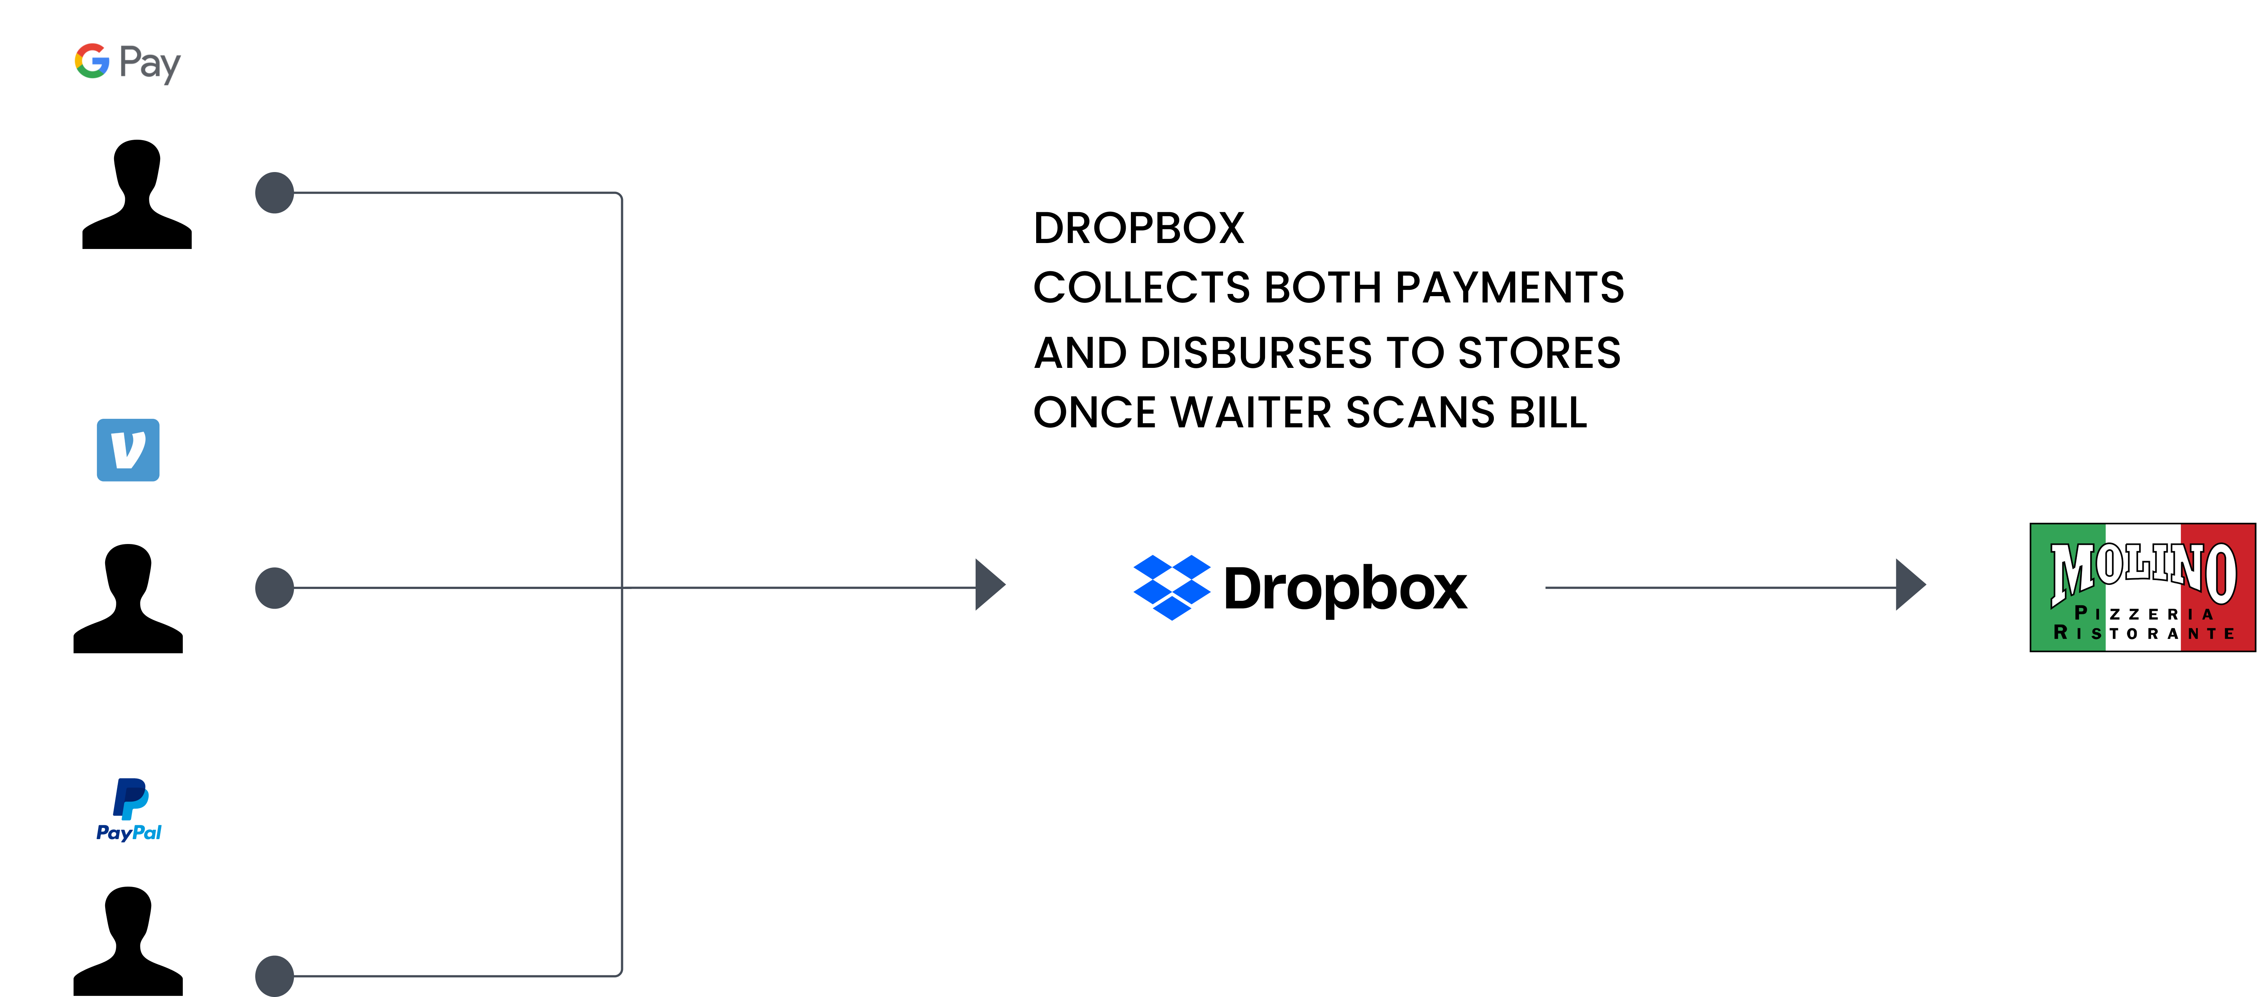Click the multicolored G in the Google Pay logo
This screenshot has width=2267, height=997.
[91, 62]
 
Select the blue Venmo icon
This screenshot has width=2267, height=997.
[127, 450]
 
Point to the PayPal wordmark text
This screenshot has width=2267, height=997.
[129, 832]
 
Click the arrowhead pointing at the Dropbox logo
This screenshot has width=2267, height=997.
[989, 584]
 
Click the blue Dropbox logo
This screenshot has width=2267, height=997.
[1171, 587]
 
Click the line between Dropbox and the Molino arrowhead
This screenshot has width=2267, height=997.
[1716, 587]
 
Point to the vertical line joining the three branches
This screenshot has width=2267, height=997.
[622, 396]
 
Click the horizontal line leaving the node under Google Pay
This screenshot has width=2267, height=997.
[458, 193]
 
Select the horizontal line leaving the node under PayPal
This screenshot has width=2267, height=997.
[458, 976]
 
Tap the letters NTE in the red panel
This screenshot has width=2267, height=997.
[2211, 634]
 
